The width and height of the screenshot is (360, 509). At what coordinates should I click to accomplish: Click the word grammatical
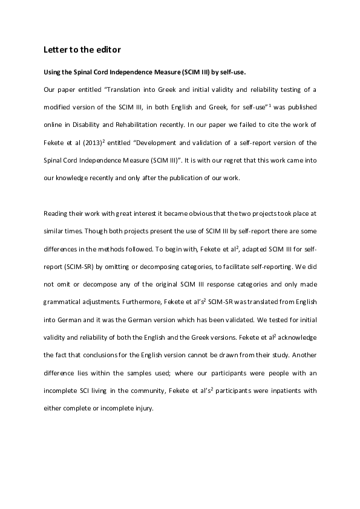[x=66, y=302]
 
